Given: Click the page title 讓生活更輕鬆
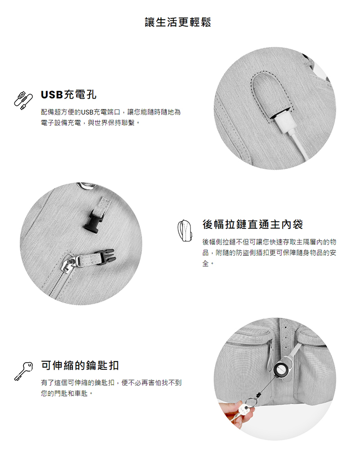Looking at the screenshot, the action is pos(178,22).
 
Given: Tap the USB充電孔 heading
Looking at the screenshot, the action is pos(69,95).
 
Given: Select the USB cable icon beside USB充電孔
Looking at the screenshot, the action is pos(23,100).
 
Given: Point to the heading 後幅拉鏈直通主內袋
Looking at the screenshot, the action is pos(253,224).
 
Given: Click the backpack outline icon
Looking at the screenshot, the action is pos(184,231).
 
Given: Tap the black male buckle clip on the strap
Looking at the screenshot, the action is pos(93,220).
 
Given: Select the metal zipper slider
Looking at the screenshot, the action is pos(68,264).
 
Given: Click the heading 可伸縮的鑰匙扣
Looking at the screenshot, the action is pos(80,365).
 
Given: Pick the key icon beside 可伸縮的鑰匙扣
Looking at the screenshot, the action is pos(23,372).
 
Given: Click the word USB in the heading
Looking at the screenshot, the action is pos(52,95).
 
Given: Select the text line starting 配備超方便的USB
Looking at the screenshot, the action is pos(111,112).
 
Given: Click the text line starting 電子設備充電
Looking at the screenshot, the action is pos(90,123).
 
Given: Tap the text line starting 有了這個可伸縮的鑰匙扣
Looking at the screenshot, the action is pos(111,382).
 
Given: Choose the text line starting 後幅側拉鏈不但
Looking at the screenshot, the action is pos(269,242).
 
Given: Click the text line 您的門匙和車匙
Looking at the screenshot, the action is pos(67,394).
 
